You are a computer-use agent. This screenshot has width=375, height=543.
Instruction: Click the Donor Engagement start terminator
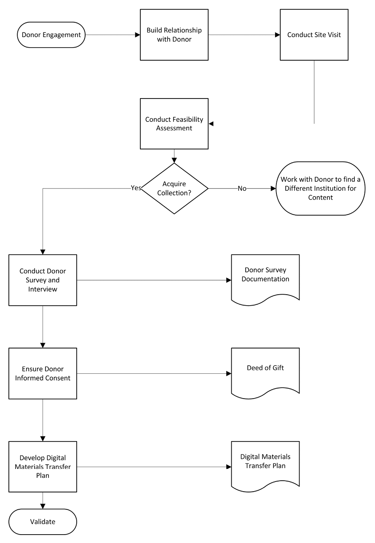coord(51,35)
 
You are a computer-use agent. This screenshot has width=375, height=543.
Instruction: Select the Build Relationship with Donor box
coord(174,35)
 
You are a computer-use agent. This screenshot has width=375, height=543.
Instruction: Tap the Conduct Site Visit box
coord(314,35)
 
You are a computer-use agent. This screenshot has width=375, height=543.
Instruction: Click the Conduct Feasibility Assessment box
coord(174,124)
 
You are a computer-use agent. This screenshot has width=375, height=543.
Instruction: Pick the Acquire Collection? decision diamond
coord(174,189)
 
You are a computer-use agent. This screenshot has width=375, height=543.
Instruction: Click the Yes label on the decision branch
coord(136,188)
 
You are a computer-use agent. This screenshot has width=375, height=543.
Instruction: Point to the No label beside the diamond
coord(242,189)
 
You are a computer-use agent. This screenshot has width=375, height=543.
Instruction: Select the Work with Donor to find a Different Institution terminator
coord(320,189)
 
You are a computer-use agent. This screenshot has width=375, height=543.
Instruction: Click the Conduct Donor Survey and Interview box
coord(43,280)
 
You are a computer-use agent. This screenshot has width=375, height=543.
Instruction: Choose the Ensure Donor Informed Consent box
coord(43,373)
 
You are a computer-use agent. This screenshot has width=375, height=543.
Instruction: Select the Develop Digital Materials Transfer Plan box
coord(43,467)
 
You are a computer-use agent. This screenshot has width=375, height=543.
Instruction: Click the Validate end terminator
coord(43,522)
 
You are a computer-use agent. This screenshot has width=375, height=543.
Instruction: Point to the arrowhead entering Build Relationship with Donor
coord(137,35)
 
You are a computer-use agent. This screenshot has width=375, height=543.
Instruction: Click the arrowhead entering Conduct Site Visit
coord(277,35)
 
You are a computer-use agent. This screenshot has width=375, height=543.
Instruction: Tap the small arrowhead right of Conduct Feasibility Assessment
coord(212,124)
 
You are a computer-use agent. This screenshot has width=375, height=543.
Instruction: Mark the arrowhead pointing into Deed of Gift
coord(229,373)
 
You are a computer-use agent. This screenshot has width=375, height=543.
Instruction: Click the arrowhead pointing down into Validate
coord(43,506)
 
